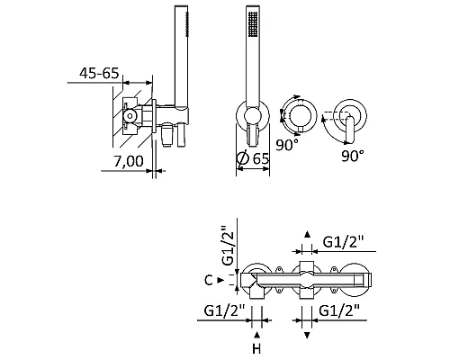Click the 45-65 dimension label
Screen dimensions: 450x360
[99, 73]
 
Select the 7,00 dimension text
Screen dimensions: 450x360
[129, 161]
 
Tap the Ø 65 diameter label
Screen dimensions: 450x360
[253, 158]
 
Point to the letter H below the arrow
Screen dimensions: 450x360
[256, 349]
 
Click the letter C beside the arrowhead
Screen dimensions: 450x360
[209, 280]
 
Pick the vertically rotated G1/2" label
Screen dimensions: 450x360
[228, 245]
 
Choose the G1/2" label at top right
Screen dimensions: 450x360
[344, 241]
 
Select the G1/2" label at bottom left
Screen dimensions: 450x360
[225, 310]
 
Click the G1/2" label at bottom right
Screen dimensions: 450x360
[339, 310]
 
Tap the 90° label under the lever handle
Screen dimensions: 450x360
[353, 156]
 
